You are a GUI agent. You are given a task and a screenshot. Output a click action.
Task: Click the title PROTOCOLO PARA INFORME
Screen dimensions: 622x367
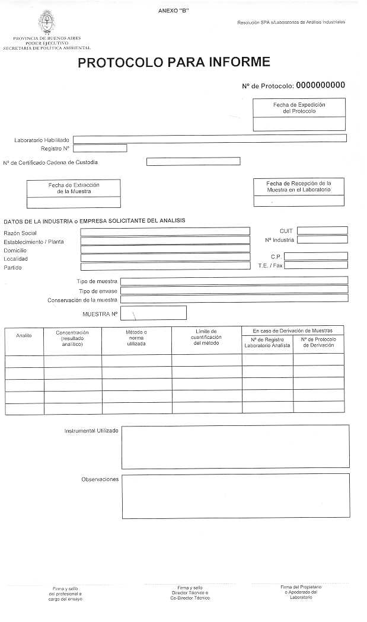click(174, 62)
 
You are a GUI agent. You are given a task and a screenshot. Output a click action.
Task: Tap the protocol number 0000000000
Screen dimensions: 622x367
click(320, 85)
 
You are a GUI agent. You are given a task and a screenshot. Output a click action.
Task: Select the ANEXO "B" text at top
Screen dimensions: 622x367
click(174, 11)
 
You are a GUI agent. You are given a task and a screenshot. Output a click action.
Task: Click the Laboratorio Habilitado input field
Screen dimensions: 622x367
click(210, 139)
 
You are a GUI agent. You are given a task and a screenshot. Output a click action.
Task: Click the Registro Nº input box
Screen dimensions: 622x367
click(100, 148)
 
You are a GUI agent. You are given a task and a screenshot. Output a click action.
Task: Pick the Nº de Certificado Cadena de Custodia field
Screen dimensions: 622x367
click(193, 161)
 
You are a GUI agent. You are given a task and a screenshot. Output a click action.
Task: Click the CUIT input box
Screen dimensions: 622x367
click(322, 230)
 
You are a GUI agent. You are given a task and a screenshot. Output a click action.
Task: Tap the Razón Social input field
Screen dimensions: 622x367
click(165, 232)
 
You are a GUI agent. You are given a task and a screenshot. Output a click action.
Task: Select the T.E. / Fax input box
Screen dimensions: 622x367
click(315, 265)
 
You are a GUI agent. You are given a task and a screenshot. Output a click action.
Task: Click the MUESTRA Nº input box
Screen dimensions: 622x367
click(153, 312)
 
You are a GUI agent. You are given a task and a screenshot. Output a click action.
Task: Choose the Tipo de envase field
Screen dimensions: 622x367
click(234, 289)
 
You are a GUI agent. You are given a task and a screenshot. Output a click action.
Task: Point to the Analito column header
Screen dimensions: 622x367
click(24, 336)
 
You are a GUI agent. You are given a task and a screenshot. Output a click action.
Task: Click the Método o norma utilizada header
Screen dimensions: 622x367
click(136, 338)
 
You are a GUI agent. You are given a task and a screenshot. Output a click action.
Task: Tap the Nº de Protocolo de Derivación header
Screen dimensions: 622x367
click(318, 342)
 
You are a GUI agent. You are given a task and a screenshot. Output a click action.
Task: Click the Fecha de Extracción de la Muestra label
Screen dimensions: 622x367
click(74, 188)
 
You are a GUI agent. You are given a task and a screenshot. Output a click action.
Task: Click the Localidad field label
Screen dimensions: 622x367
click(16, 259)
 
